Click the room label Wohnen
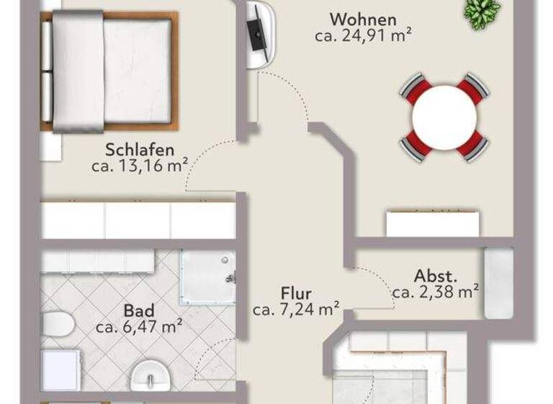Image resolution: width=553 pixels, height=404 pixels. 363,19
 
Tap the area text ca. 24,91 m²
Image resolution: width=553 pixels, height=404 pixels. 363,35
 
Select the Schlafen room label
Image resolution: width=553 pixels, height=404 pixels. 140,150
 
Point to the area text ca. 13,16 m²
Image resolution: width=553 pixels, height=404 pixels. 140,166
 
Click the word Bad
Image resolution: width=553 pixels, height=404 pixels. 138,311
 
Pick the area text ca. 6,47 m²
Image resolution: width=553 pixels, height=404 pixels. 138,327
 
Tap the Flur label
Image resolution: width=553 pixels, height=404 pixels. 296,294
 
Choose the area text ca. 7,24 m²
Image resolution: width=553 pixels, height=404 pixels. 296,309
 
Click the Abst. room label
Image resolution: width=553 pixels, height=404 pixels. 436,276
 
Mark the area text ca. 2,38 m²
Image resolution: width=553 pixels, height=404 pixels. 436,292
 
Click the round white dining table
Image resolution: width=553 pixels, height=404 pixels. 445,117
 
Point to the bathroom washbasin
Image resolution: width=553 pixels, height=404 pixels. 150,376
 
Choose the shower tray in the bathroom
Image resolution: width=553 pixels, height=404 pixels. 207,278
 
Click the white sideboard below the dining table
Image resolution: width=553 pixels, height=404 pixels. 432,224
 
